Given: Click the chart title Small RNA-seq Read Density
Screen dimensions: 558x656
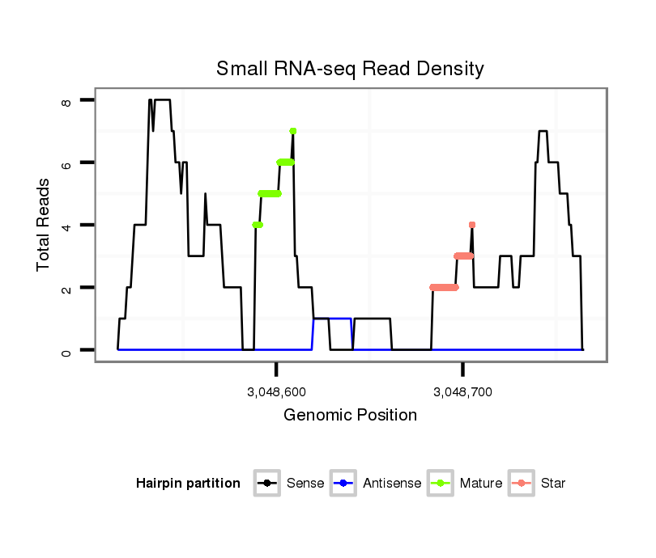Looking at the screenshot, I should click(350, 69).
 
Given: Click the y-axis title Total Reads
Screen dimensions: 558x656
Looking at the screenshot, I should click(45, 226).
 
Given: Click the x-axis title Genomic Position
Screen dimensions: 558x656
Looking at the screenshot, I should click(350, 416).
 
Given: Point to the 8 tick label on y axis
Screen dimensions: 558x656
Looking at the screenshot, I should click(66, 100).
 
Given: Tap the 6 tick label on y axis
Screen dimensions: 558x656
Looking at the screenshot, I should click(66, 163).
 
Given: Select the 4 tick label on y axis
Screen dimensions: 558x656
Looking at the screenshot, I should click(66, 225).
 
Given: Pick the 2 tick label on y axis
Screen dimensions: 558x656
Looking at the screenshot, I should click(66, 288).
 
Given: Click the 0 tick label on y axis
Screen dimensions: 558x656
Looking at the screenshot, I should click(66, 350).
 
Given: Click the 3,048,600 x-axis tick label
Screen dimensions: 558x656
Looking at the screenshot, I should click(276, 392).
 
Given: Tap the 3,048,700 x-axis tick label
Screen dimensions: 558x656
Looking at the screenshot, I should click(462, 392).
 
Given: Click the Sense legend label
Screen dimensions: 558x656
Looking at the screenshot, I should click(305, 484).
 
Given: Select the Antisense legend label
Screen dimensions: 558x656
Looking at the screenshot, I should click(391, 484).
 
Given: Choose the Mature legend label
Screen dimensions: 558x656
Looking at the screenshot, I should click(480, 484).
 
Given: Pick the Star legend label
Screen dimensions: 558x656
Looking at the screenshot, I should click(552, 484).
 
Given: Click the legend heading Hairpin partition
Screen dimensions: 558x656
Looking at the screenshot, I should click(188, 484).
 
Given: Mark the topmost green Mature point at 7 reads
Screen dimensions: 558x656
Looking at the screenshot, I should click(292, 131).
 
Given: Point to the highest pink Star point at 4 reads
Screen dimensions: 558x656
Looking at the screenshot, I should click(471, 225).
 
